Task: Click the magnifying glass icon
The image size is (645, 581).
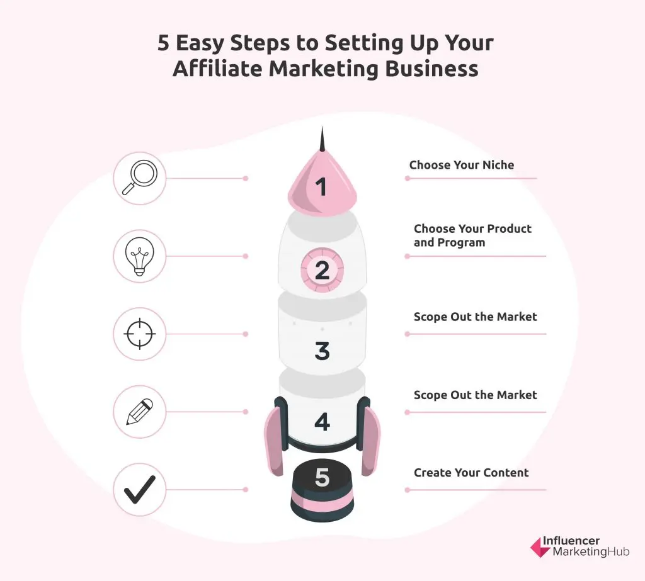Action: tap(139, 178)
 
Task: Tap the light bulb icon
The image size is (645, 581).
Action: tap(139, 256)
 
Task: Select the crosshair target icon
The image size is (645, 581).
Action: tap(139, 334)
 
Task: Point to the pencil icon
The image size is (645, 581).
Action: tap(139, 412)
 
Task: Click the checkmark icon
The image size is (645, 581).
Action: tap(139, 489)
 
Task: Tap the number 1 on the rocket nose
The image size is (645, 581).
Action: tap(321, 187)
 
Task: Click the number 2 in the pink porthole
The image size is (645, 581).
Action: tap(322, 270)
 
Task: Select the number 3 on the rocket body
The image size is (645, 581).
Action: tap(322, 351)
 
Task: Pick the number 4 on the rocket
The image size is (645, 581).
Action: tap(322, 422)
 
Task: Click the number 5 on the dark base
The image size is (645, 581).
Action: tap(322, 477)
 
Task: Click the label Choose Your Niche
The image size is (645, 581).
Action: tap(462, 165)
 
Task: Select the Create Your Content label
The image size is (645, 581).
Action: tap(471, 473)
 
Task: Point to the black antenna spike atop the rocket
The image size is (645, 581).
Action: tap(322, 140)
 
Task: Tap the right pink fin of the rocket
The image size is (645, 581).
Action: tap(370, 442)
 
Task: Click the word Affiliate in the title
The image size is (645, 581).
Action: tap(217, 68)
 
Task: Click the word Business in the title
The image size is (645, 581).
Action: tap(431, 68)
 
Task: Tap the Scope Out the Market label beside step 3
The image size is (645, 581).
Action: tap(475, 317)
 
